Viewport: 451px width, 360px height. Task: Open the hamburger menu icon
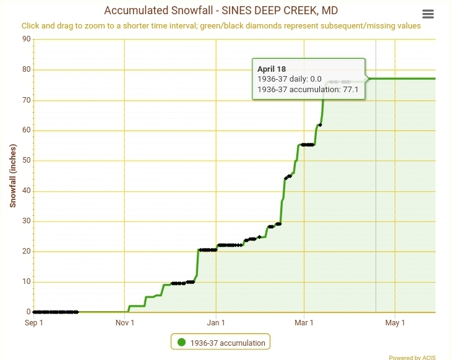[x=427, y=14]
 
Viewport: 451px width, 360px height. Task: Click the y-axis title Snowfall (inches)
[x=13, y=175]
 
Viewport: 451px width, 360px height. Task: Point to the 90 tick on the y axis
[x=26, y=39]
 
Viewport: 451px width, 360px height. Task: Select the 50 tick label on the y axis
[x=26, y=160]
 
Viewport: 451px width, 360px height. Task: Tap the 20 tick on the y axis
[x=26, y=251]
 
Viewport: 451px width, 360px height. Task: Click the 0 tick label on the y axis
[x=28, y=312]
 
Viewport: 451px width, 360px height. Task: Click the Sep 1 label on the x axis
[x=33, y=322]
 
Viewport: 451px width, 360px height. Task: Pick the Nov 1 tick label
[x=124, y=322]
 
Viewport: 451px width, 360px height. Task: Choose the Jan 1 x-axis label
[x=216, y=322]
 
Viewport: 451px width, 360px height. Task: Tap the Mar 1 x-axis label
[x=304, y=322]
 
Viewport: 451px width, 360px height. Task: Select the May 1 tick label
[x=395, y=322]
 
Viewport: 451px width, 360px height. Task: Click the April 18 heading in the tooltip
[x=272, y=69]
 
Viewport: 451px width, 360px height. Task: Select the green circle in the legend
[x=181, y=343]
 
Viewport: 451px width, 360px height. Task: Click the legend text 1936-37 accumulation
[x=228, y=343]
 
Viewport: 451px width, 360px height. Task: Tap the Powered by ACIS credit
[x=417, y=357]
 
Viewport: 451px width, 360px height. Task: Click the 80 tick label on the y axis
[x=26, y=69]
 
